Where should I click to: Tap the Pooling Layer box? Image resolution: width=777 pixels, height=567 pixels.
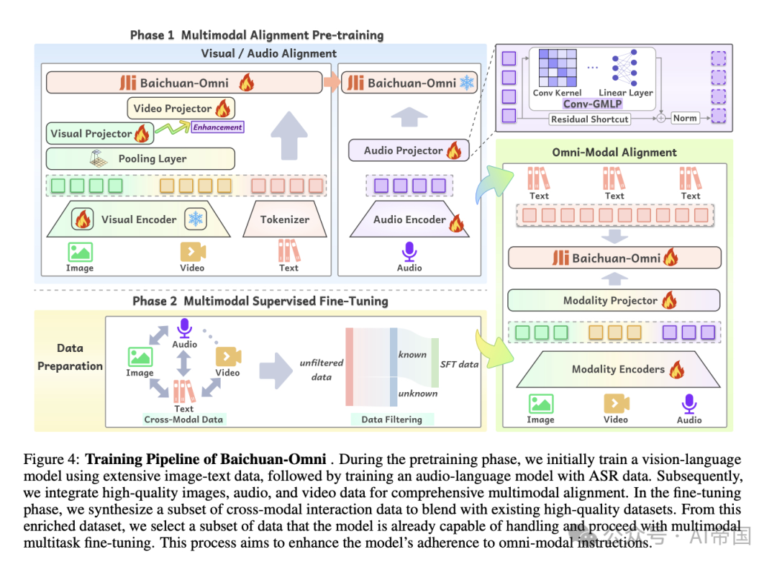pos(140,158)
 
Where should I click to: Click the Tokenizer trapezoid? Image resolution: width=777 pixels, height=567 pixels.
pos(285,219)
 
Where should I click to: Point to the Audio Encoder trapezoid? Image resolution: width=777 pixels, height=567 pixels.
pos(409,219)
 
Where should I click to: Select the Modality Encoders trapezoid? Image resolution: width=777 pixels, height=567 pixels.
pos(618,369)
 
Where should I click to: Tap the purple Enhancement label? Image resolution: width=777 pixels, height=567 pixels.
pos(217,127)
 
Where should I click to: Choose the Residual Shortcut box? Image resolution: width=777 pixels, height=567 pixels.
pos(590,119)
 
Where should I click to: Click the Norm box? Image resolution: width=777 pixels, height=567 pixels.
pos(685,118)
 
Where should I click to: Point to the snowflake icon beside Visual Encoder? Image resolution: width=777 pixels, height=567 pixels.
pos(195,219)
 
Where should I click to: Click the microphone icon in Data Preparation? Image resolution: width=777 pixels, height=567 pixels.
pos(184,329)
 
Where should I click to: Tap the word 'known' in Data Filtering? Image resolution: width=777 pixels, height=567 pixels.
pos(412,354)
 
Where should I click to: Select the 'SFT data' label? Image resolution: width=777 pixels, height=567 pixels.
pos(459,364)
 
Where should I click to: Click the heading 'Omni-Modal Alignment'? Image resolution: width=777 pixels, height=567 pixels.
pos(614,152)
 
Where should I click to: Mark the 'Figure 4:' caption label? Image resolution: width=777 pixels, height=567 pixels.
pos(53,459)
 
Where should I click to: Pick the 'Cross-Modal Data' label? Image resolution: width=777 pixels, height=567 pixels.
pos(183,419)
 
